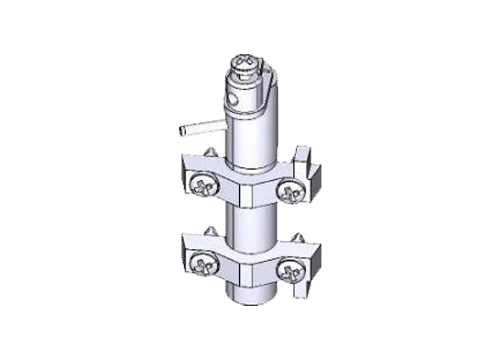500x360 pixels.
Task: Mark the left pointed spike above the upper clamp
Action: click(210, 153)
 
